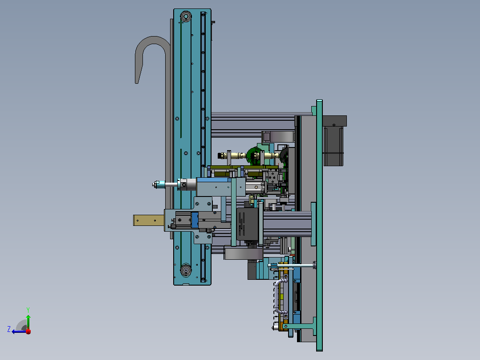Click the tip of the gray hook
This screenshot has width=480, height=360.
click(x=137, y=82)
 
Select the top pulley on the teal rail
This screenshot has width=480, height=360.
click(x=186, y=16)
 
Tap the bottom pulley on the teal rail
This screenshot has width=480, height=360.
click(x=186, y=270)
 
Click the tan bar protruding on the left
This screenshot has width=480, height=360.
click(x=149, y=220)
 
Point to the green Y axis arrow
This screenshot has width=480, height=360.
click(x=28, y=322)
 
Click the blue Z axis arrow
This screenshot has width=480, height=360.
click(x=19, y=331)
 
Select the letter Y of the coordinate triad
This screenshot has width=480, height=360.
click(x=28, y=310)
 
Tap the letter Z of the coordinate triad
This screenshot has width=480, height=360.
click(x=9, y=329)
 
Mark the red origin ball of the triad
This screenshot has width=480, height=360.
click(x=28, y=331)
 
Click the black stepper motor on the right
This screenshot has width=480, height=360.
click(x=334, y=140)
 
